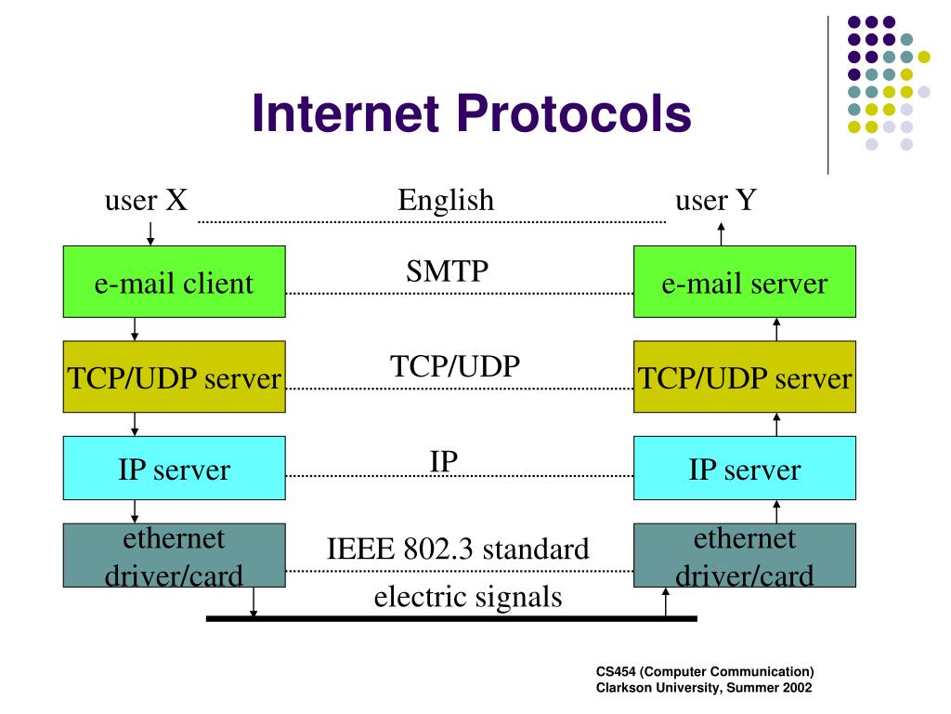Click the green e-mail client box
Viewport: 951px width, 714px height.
[174, 283]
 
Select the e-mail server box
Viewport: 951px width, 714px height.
[744, 283]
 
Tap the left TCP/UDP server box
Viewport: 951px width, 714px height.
[174, 377]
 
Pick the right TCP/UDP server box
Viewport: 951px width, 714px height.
[744, 377]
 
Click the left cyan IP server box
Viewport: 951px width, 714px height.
[174, 469]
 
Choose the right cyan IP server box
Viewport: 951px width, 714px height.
[744, 469]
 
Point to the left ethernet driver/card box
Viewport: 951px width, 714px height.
[174, 556]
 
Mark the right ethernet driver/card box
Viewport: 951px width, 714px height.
[744, 556]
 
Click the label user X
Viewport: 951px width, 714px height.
[147, 200]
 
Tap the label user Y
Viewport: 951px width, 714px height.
[716, 200]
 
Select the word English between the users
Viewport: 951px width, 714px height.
[446, 200]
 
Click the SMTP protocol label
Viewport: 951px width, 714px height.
[448, 271]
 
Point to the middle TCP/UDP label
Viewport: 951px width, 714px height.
[454, 365]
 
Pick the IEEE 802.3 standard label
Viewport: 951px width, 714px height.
[458, 549]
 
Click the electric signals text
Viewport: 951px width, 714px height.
[468, 595]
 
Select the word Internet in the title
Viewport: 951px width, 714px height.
[345, 114]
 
